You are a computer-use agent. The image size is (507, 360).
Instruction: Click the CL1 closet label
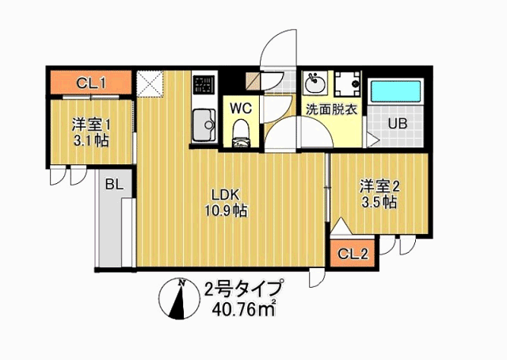tap(93, 82)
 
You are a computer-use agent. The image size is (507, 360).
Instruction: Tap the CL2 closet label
tap(353, 254)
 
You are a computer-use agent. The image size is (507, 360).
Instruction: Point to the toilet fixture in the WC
tap(242, 132)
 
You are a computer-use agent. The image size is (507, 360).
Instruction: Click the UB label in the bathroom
tap(397, 123)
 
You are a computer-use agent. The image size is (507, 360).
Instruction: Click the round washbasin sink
tap(314, 82)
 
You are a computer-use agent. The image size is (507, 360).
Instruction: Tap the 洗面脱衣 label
tap(330, 109)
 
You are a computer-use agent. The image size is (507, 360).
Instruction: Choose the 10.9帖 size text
tap(224, 211)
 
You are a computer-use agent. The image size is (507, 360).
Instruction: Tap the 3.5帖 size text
tap(379, 203)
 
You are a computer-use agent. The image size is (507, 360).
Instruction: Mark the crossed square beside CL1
tap(149, 82)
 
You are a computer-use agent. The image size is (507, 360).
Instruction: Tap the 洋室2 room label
tap(378, 186)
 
